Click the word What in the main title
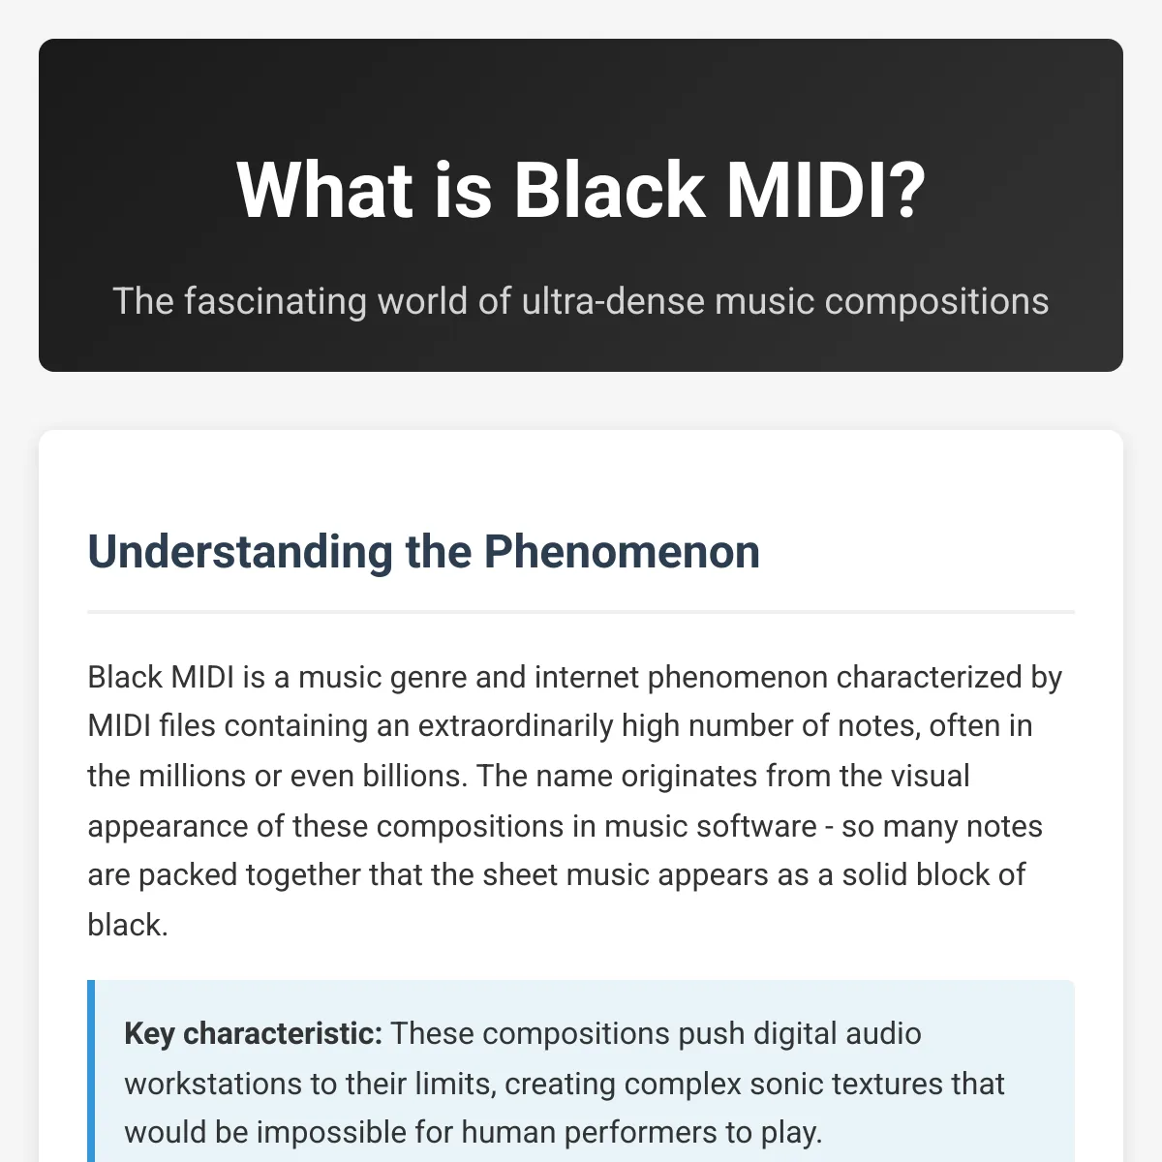[324, 190]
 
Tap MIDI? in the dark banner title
[826, 190]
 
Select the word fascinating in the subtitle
[276, 301]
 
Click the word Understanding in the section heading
[240, 552]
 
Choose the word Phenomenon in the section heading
[622, 551]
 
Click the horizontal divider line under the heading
[581, 611]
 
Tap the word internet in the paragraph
[586, 677]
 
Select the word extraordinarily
[515, 726]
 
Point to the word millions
[192, 776]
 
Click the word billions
[414, 776]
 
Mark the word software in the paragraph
[756, 826]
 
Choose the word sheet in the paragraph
[520, 875]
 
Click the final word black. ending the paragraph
[127, 925]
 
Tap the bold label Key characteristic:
[254, 1033]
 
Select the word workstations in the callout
[213, 1084]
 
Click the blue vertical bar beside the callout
[91, 1071]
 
